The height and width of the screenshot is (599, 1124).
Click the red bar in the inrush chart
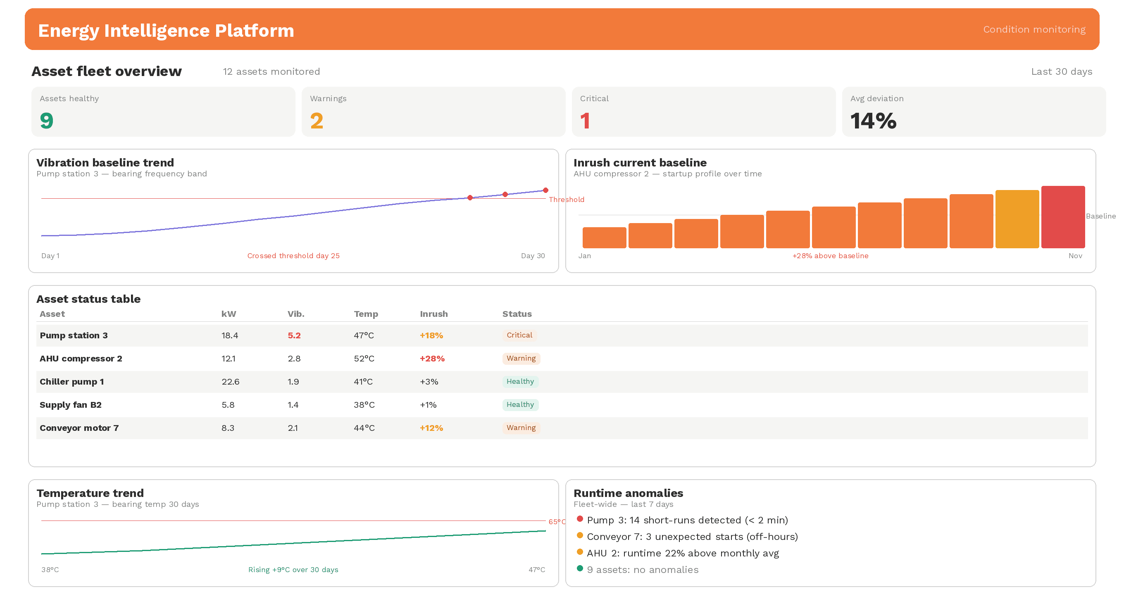point(1062,217)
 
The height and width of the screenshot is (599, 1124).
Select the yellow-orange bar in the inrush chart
point(1017,219)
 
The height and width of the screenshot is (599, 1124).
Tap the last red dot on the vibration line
point(545,190)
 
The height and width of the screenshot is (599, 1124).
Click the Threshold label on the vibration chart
point(566,200)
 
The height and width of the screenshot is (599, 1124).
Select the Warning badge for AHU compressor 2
point(521,358)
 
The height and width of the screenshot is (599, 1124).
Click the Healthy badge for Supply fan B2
point(520,404)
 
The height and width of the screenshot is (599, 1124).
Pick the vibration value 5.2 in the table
point(294,335)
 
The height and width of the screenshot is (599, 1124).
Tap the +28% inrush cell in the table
point(432,359)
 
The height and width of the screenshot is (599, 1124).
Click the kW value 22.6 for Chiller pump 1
point(231,382)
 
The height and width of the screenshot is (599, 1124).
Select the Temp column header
point(366,314)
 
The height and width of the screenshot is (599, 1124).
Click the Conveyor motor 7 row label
point(79,428)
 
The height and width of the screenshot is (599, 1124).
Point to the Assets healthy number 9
point(47,121)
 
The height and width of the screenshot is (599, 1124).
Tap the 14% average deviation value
point(873,121)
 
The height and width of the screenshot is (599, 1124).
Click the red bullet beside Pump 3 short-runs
point(579,519)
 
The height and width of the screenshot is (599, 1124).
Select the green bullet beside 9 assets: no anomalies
point(579,568)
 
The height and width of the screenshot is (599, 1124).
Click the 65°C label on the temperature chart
point(556,521)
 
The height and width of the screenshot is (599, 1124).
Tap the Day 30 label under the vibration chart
point(532,256)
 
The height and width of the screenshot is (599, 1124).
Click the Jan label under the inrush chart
point(584,256)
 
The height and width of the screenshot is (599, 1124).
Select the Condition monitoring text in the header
point(1034,29)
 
